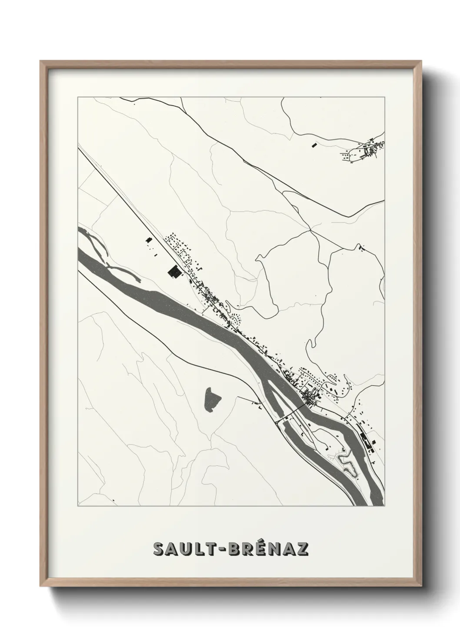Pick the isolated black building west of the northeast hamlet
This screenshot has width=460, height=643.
tap(312, 145)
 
